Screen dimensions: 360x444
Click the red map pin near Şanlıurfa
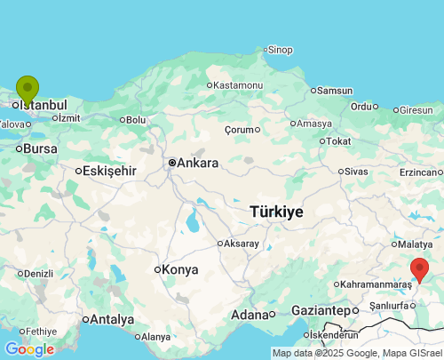(419, 268)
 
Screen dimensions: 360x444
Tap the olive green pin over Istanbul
(28, 89)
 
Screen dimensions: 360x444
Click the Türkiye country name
(276, 212)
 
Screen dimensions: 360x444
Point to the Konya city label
(181, 269)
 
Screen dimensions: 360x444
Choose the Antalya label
(112, 319)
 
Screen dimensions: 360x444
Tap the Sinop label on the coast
(280, 50)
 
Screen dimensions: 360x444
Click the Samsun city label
(335, 91)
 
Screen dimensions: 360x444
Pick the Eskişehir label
(109, 171)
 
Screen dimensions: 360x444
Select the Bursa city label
(40, 148)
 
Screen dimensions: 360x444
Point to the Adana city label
(250, 315)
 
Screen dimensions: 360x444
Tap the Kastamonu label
(238, 84)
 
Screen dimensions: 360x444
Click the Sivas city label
(355, 171)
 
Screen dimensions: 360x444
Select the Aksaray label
(242, 243)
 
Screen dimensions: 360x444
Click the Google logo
(29, 349)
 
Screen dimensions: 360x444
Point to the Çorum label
(239, 129)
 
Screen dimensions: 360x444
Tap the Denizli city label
(38, 273)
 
